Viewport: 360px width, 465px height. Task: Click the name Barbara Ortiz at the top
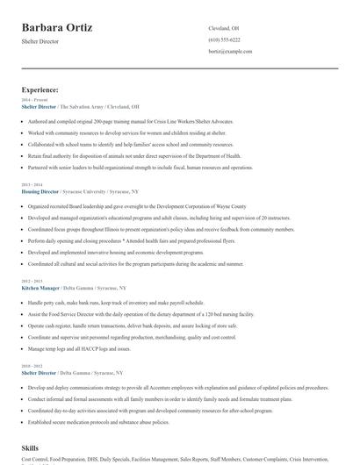(x=57, y=28)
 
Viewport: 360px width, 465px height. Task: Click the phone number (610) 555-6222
(x=224, y=40)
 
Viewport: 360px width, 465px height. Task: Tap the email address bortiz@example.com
(x=230, y=52)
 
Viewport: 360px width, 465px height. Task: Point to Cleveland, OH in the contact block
(x=224, y=28)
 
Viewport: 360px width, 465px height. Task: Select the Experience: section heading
(x=40, y=89)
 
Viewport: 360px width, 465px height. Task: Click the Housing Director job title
(x=40, y=191)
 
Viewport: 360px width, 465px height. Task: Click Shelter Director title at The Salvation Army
(x=39, y=106)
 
